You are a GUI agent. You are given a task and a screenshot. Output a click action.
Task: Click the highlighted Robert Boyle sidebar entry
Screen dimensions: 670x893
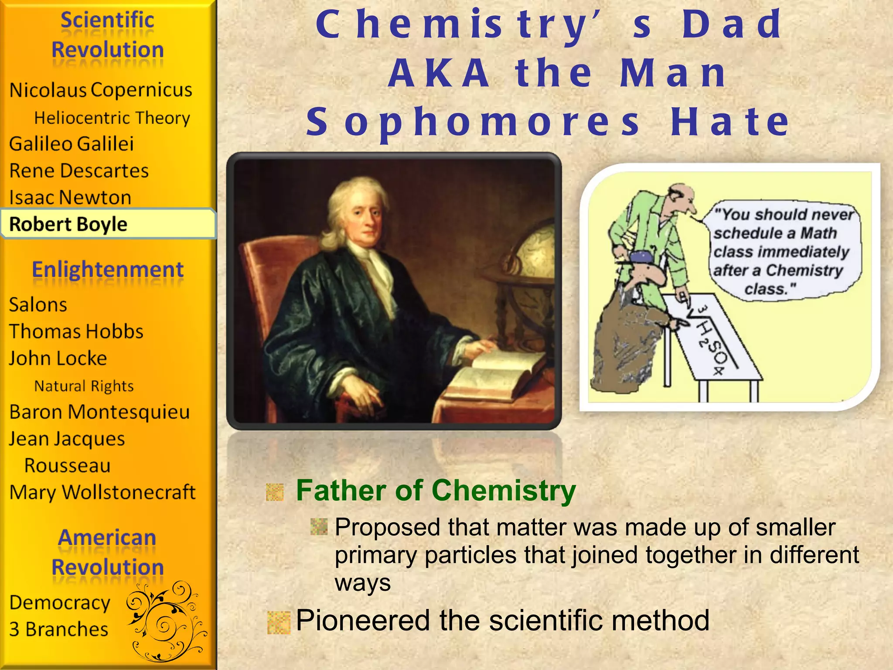coord(68,224)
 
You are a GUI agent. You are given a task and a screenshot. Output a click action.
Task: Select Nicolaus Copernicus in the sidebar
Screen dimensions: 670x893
coord(101,90)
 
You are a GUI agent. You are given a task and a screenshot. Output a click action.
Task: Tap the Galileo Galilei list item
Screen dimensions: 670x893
coord(72,144)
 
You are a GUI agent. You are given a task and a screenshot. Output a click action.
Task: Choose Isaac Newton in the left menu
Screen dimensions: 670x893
coord(70,198)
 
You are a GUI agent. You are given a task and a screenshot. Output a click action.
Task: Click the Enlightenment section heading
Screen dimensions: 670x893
coord(108,270)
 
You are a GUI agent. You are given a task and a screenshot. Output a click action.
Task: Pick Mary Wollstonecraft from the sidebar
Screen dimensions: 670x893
coord(102,492)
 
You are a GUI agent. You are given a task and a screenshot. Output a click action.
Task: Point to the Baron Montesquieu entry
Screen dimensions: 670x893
coord(100,412)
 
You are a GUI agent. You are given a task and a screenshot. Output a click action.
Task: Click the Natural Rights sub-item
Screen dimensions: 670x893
coord(84,386)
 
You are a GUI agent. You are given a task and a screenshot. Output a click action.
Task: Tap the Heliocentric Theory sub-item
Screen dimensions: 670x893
coord(112,118)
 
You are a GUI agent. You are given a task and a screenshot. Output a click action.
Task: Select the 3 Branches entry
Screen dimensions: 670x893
coord(59,629)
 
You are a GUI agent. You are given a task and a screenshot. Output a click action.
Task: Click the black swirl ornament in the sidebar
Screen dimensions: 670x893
coord(166,619)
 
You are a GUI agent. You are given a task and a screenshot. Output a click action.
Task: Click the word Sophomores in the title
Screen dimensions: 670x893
coord(473,122)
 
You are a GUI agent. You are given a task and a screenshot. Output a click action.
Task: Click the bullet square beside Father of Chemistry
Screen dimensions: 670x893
coord(275,492)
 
